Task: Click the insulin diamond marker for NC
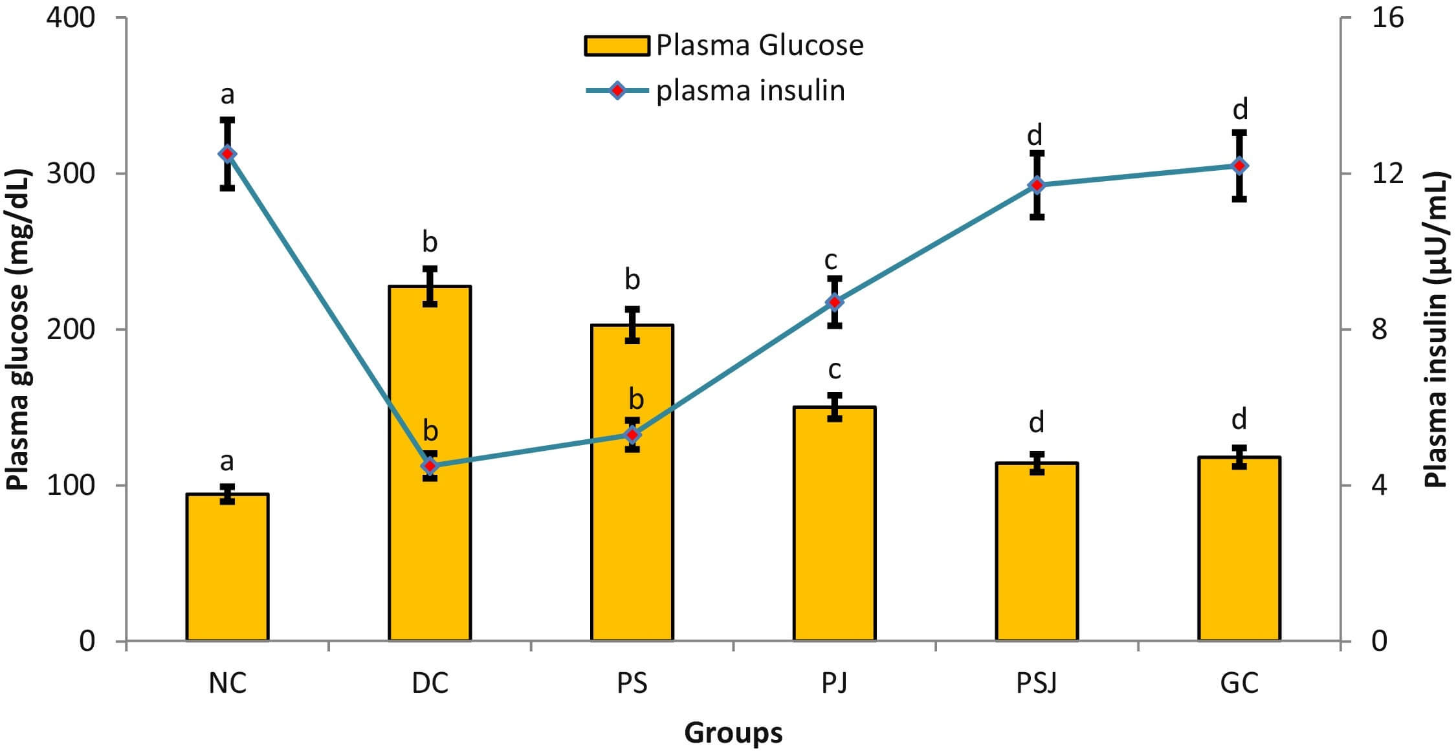(x=227, y=154)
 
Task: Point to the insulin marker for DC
(x=430, y=466)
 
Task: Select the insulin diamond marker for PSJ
(x=1037, y=185)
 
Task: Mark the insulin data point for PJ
(x=834, y=302)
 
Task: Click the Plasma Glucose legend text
(x=760, y=45)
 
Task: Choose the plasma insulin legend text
(x=751, y=91)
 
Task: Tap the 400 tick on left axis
(x=71, y=17)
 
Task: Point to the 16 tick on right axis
(x=1387, y=17)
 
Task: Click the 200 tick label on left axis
(x=71, y=329)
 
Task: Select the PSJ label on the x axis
(x=1037, y=683)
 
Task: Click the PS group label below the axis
(x=632, y=683)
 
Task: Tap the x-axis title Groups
(x=733, y=733)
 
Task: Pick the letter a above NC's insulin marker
(x=227, y=94)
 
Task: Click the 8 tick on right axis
(x=1379, y=329)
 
